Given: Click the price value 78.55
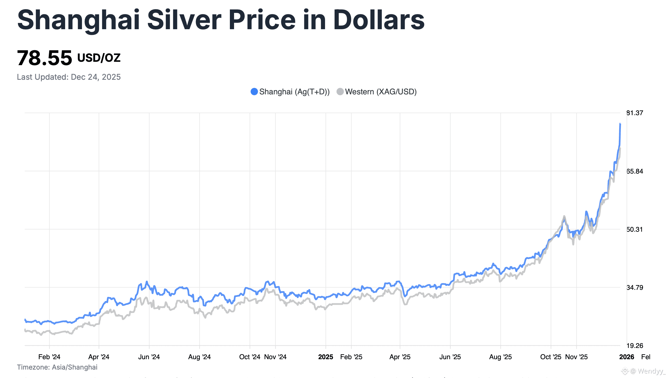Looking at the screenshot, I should (x=44, y=58).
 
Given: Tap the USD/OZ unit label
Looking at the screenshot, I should (x=99, y=58).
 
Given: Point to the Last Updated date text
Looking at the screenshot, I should (x=69, y=77).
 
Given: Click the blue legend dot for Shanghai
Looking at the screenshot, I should (x=254, y=92).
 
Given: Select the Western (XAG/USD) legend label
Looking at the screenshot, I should (x=381, y=92).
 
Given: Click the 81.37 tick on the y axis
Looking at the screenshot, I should (x=635, y=113).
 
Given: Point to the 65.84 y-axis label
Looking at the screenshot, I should (x=635, y=171).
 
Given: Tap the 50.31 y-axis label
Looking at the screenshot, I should (x=635, y=229).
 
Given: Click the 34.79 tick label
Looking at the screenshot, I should (x=635, y=288).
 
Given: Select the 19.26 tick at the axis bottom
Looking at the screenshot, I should (x=635, y=346).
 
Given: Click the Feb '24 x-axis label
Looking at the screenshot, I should (x=49, y=357).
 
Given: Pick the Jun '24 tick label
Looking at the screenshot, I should (x=149, y=357).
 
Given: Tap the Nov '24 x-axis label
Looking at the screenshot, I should (x=275, y=357).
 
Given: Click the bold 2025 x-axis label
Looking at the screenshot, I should (x=326, y=357).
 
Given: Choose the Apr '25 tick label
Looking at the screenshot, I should (x=400, y=357).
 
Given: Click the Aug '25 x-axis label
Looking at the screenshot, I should (x=500, y=357).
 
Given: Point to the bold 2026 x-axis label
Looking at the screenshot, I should (x=626, y=357).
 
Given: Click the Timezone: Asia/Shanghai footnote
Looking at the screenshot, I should (x=57, y=367).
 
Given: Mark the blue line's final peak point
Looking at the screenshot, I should (x=620, y=124).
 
